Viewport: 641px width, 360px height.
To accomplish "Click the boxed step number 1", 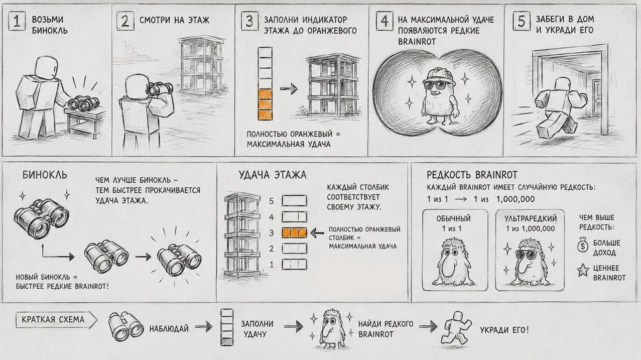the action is (17, 21).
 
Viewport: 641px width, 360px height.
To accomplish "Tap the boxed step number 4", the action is (384, 21).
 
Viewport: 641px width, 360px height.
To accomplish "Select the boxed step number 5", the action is (522, 21).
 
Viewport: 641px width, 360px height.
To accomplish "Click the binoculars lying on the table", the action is (83, 103).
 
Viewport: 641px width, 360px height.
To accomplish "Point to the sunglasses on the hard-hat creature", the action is (438, 85).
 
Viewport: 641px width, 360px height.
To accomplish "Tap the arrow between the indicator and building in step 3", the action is (289, 89).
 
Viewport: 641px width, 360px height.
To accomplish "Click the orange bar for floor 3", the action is (294, 232).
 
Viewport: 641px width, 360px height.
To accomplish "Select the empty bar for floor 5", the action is (294, 201).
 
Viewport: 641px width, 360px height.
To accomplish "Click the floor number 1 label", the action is (272, 265).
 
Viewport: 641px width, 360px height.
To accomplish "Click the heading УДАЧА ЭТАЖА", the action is (273, 175).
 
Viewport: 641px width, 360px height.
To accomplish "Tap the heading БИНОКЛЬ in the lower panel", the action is (45, 175).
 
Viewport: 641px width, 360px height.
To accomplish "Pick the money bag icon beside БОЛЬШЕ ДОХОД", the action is (583, 245).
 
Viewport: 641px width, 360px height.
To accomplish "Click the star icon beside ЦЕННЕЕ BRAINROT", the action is (583, 270).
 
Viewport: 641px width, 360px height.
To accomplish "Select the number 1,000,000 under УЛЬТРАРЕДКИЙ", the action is (538, 228).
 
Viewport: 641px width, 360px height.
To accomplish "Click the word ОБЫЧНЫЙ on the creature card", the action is (453, 218).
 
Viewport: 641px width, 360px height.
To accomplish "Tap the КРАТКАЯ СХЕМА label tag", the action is (56, 320).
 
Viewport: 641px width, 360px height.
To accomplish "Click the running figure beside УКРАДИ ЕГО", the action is (457, 329).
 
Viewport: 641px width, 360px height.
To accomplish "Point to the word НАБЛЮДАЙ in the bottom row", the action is (169, 329).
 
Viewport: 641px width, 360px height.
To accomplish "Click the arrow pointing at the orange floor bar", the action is (317, 233).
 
